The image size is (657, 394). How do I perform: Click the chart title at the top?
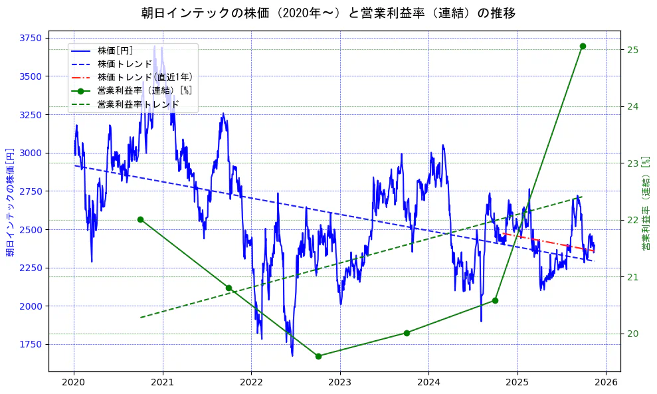(x=328, y=13)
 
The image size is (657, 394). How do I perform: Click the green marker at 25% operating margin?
(x=583, y=46)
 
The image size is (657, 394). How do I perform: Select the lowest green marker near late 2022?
(x=318, y=356)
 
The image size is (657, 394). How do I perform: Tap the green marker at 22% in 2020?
(x=140, y=219)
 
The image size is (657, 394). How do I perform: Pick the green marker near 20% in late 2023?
(x=407, y=333)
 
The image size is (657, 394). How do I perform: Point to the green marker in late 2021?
(x=229, y=288)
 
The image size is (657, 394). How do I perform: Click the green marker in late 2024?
(x=495, y=300)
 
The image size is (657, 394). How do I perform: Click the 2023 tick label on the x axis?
(x=339, y=383)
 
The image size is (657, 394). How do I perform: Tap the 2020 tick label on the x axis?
(x=74, y=383)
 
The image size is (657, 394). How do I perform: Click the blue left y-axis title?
(x=10, y=203)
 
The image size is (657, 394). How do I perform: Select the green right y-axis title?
(x=646, y=203)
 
